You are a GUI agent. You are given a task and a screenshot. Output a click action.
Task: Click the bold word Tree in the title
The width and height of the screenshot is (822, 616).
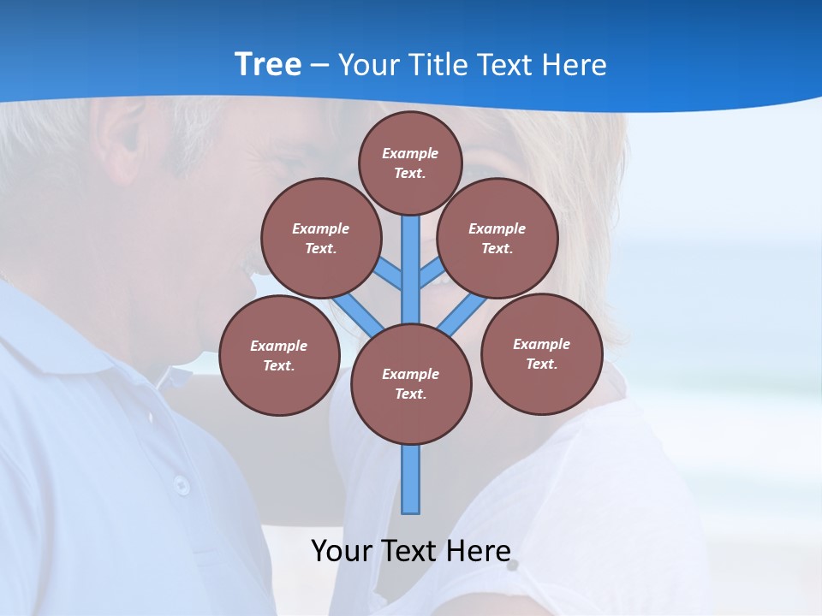coord(268,64)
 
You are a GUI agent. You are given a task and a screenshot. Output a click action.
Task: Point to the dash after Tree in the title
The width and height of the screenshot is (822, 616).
coord(319,66)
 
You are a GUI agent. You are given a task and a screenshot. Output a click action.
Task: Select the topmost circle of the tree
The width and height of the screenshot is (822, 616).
coord(410,163)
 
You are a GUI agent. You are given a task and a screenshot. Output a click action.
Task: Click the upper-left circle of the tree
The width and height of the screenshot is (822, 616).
coord(320,238)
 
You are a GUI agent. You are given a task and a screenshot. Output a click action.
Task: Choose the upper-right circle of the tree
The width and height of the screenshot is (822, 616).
coord(497,238)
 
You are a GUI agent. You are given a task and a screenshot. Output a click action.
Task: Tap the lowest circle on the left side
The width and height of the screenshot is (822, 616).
coord(279,355)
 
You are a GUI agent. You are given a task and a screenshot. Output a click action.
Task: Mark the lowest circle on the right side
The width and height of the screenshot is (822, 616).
coord(541,353)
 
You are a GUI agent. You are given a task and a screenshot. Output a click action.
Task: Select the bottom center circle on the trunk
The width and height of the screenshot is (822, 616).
coord(411,383)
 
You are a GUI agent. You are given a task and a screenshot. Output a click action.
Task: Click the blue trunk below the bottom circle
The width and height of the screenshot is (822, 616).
coord(411,479)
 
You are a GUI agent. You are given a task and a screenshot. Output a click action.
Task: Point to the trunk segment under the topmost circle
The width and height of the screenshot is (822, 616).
coord(411,257)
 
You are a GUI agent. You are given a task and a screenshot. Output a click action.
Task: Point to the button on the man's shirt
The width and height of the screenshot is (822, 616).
coord(182,485)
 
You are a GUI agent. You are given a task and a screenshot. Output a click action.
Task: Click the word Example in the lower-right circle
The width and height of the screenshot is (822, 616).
coord(541,344)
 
